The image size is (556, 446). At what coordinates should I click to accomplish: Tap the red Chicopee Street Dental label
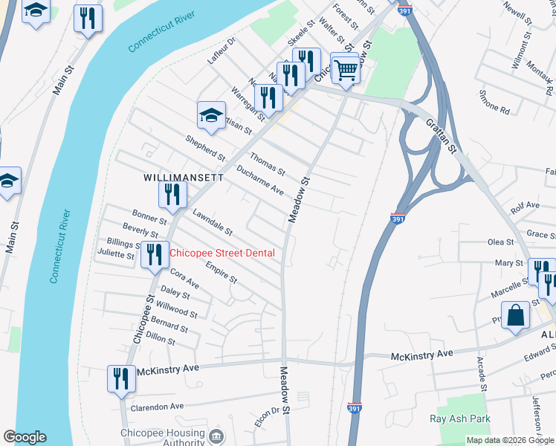pos(222,253)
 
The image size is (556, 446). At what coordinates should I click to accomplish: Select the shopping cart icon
pos(346,70)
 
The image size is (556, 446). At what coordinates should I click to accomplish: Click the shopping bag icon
pos(515,315)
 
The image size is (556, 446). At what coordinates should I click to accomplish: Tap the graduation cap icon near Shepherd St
pos(211,115)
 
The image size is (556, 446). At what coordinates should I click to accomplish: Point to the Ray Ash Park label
pos(460,418)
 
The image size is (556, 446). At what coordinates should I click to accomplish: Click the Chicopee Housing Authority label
pos(162,438)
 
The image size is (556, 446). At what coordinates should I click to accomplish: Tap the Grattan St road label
pos(441,135)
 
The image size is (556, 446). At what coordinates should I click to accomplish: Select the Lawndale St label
pos(213,222)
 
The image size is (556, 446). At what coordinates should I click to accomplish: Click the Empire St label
pos(221,273)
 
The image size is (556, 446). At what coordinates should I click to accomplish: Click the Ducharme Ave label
pos(260,181)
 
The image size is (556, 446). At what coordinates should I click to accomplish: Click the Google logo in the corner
pos(25,437)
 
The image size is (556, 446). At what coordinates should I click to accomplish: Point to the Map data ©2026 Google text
pos(510,440)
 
